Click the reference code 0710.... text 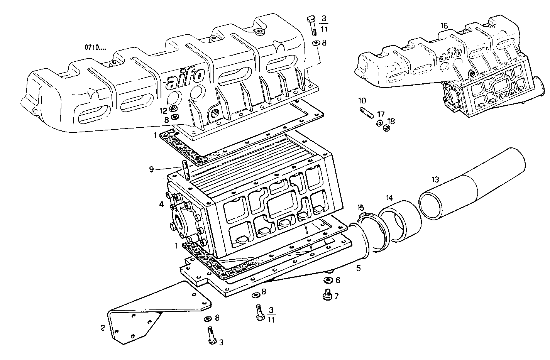tap(95, 48)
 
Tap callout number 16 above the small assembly tap(444, 25)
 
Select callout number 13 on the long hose tap(435, 179)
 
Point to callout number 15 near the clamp tap(360, 208)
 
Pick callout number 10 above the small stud tap(362, 101)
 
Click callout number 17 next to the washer tap(381, 114)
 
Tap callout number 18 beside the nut tap(391, 121)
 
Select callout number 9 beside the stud tap(152, 169)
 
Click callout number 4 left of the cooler tap(162, 205)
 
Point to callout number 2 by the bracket tap(102, 328)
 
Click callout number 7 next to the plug tap(336, 296)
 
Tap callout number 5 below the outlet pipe tap(358, 268)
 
